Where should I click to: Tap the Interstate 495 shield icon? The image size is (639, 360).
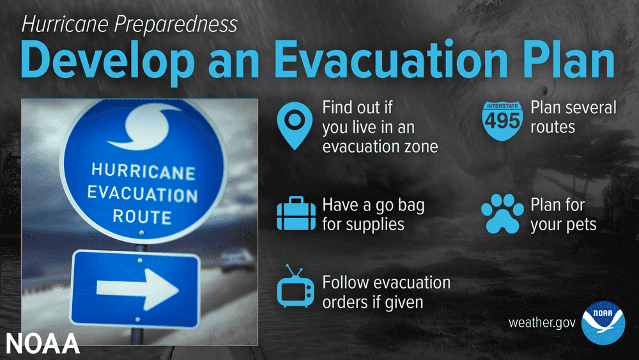(x=502, y=121)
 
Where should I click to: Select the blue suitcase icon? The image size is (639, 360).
(x=296, y=213)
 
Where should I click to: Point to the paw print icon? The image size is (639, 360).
(x=502, y=214)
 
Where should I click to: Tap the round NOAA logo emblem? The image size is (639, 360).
(x=603, y=323)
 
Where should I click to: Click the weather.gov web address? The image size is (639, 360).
(x=542, y=323)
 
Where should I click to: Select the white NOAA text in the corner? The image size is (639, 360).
(x=42, y=343)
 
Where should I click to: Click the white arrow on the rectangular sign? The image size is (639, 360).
(x=138, y=289)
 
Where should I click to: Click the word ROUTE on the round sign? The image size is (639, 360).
(x=142, y=217)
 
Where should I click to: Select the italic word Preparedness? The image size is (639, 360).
(x=176, y=24)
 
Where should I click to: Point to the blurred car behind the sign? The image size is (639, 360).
(x=238, y=260)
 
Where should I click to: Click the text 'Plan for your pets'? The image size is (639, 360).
(x=563, y=214)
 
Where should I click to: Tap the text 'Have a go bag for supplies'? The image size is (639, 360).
(x=373, y=214)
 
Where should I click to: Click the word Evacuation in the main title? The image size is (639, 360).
(x=391, y=59)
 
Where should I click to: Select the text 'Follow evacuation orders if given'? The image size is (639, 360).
(x=387, y=292)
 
